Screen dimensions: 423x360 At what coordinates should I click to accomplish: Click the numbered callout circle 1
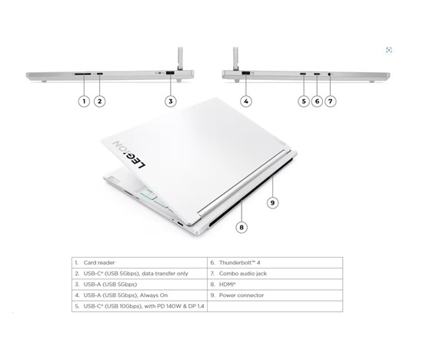(x=84, y=102)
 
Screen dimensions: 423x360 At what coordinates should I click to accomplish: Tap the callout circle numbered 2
(x=99, y=102)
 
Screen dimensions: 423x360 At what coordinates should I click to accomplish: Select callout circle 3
(x=171, y=102)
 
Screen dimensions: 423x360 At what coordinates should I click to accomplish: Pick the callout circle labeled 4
(x=246, y=102)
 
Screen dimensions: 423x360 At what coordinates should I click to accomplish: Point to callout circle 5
(x=304, y=102)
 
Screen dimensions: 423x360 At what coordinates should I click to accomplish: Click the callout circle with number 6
(x=317, y=102)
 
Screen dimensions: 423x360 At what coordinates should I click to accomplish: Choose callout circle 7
(x=331, y=102)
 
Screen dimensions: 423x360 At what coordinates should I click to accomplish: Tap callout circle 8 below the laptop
(x=241, y=228)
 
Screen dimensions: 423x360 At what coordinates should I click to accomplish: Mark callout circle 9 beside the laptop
(x=272, y=202)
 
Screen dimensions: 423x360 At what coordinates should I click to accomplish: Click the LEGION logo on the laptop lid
(x=129, y=155)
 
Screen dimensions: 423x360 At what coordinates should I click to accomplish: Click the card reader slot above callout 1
(x=83, y=73)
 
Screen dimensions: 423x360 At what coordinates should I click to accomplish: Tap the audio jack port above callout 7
(x=329, y=74)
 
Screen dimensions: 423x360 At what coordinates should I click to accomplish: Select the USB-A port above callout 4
(x=246, y=73)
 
